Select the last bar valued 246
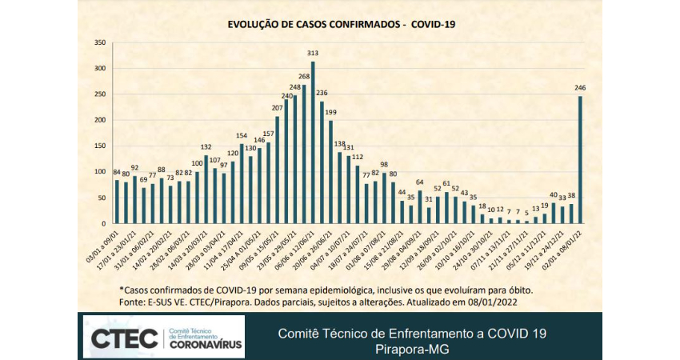coord(580,159)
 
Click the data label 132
coord(205,147)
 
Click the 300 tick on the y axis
coord(100,68)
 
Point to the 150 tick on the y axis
coord(100,146)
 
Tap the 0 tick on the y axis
coord(104,223)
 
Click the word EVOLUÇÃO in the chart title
coord(253,25)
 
